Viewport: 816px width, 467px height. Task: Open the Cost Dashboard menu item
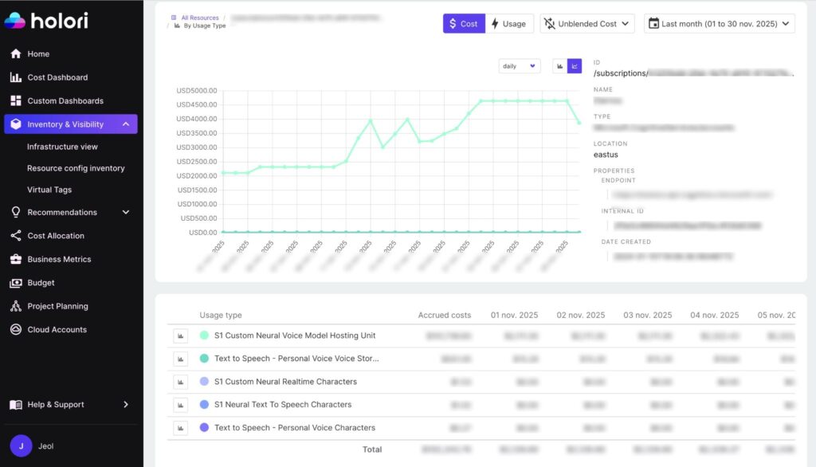point(57,77)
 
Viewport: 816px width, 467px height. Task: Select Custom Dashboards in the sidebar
point(65,101)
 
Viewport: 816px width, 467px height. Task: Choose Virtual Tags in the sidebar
point(49,190)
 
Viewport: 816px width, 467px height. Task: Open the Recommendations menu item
point(62,213)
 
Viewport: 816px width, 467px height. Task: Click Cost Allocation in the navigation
point(56,236)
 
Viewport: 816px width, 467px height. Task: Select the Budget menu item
point(41,283)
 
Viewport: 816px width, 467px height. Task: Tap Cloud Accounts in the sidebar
point(57,330)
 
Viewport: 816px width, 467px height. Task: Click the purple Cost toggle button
point(464,24)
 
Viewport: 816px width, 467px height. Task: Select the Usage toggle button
point(508,24)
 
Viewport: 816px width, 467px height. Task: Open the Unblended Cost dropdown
point(587,24)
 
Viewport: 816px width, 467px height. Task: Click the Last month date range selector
point(719,24)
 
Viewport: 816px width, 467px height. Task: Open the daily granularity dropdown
point(520,66)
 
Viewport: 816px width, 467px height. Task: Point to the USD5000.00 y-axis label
point(196,90)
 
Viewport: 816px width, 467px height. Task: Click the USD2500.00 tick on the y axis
point(196,162)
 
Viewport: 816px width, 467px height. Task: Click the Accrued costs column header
point(445,315)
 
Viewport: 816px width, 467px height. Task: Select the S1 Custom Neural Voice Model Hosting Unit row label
point(295,336)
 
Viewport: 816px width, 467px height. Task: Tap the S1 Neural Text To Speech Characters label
point(283,405)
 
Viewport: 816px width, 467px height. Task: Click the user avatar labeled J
point(21,446)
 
